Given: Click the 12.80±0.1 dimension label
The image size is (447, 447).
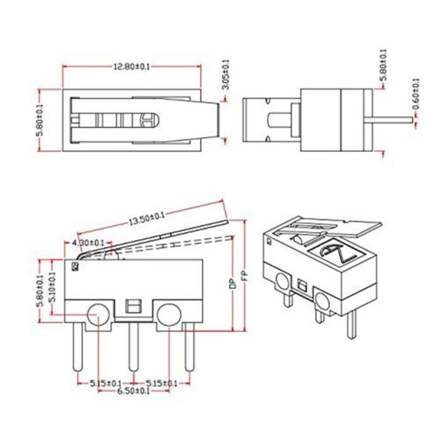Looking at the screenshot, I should [130, 67].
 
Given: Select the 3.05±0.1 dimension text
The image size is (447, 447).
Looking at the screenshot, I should [225, 75].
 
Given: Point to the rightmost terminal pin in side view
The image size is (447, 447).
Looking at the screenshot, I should [188, 350].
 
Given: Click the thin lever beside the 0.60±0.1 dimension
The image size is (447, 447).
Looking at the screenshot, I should [392, 119].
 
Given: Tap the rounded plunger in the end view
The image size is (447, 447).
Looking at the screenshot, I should [279, 120].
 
